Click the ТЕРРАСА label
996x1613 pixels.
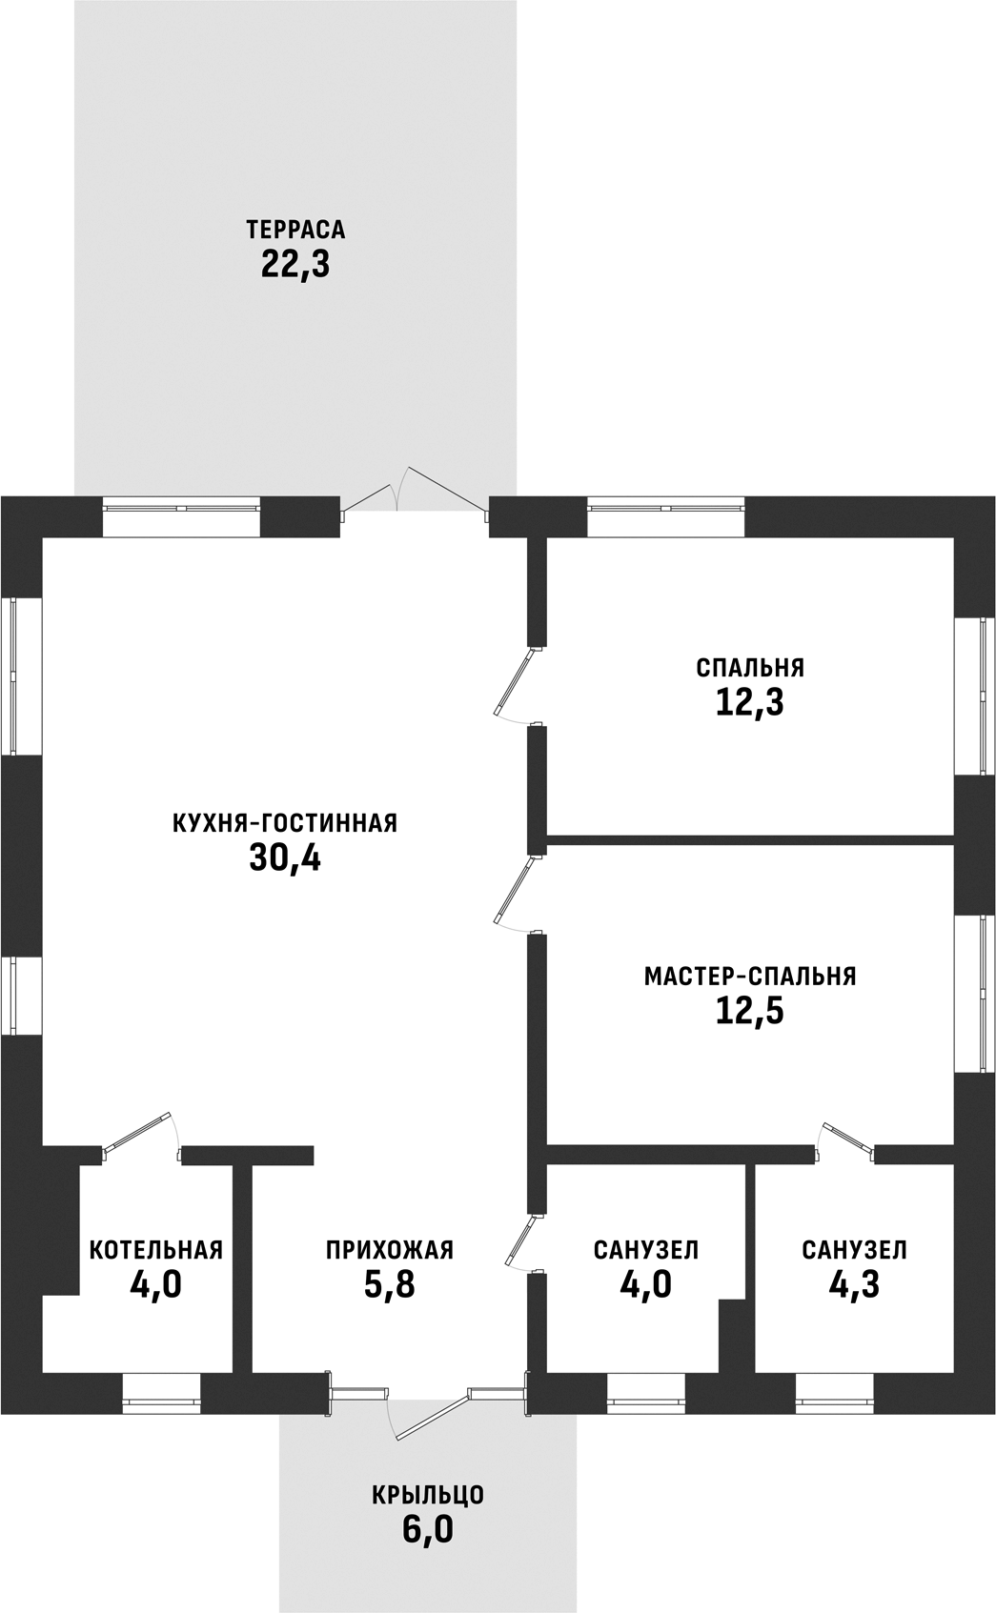point(295,230)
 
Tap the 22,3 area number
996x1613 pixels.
point(295,264)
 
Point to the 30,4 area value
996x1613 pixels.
point(285,857)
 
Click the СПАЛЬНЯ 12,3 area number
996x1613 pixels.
point(750,702)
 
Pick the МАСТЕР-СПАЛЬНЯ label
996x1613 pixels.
point(750,977)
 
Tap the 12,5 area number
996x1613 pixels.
point(750,1011)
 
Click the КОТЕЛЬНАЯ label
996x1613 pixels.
point(156,1250)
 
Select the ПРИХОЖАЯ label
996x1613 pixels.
point(390,1250)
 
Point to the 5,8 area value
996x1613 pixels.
point(390,1284)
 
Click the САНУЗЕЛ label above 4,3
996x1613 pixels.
point(854,1250)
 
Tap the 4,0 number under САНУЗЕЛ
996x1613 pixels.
point(646,1284)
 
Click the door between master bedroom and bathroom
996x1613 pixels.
point(846,1142)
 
